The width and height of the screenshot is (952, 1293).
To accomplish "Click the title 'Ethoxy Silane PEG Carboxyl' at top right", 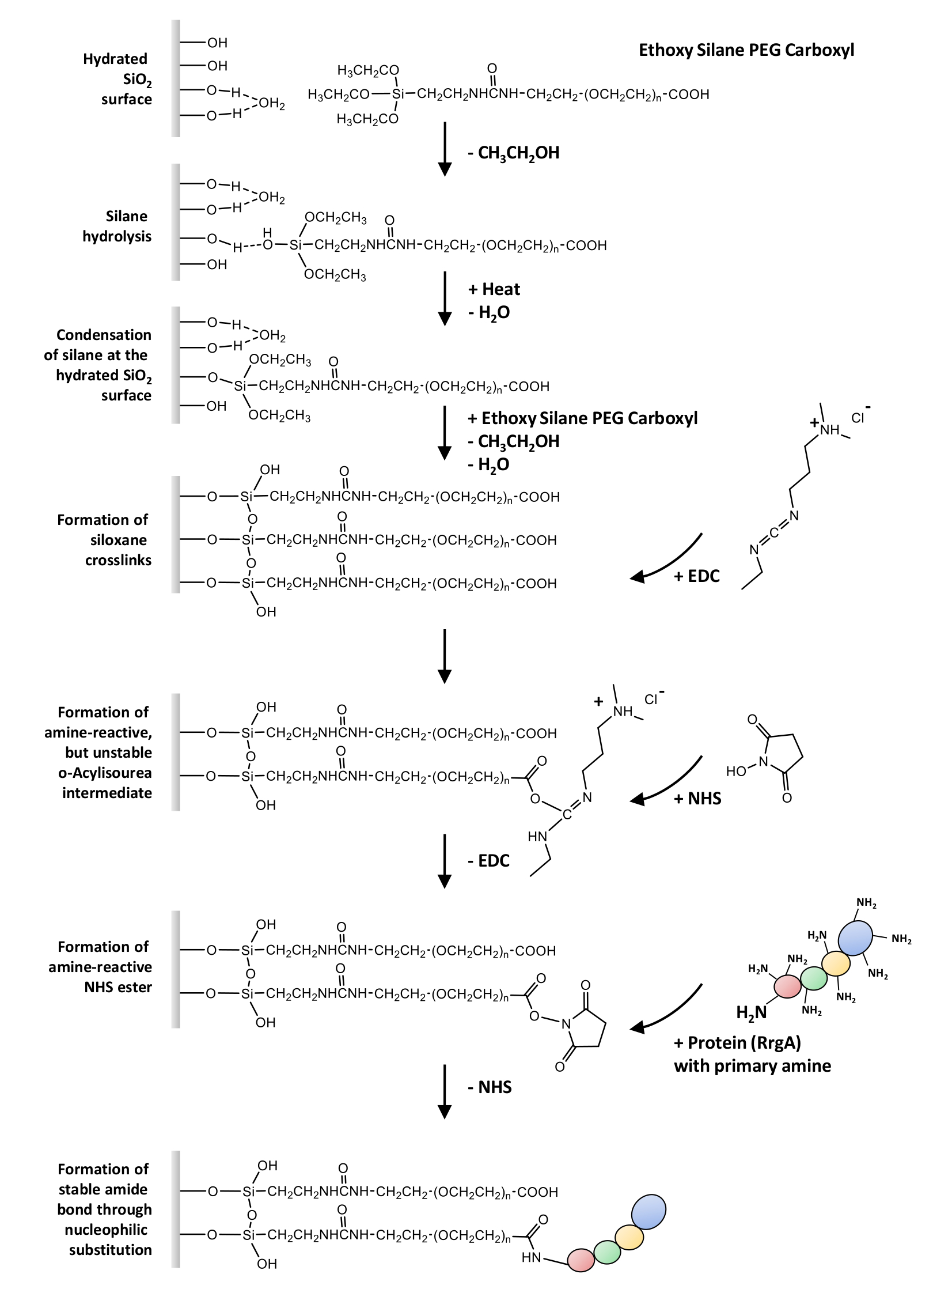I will coord(746,50).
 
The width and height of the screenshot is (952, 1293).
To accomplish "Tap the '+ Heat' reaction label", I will coord(495,289).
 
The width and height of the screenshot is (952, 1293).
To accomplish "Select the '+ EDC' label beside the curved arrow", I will coord(697,576).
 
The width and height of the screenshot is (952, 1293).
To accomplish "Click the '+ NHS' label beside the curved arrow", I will coord(697,799).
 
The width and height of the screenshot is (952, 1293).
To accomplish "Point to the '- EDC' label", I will coord(489,861).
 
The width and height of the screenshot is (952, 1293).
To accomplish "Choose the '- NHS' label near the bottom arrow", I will coord(490,1087).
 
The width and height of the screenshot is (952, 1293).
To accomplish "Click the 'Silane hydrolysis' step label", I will coord(117,226).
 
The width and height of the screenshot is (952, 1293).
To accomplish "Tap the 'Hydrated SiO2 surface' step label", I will coord(119,79).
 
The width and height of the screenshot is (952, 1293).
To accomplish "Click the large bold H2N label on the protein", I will coord(752,1012).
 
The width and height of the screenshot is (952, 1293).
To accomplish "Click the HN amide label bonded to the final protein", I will coord(531,1257).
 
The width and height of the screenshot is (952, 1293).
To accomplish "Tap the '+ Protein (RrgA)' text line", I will coord(737,1042).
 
